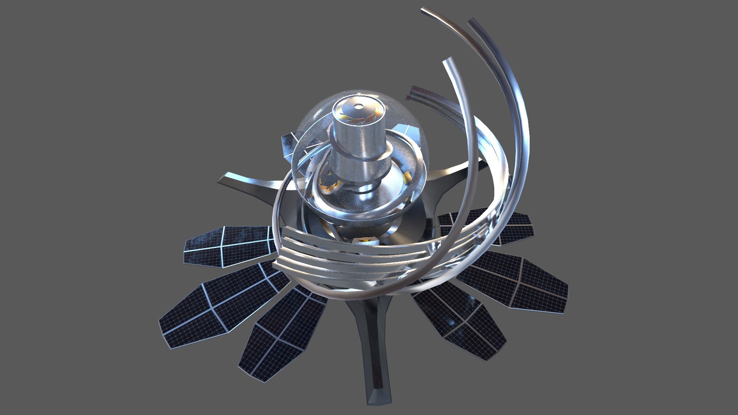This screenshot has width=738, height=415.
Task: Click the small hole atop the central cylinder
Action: (x=358, y=106)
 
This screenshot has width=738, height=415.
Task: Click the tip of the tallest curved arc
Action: (x=423, y=10)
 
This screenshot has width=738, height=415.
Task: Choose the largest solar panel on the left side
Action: (x=219, y=307)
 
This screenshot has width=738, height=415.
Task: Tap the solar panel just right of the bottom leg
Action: (x=461, y=323)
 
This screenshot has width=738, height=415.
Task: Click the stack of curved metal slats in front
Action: (x=346, y=257)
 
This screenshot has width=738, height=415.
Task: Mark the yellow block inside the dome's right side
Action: (x=407, y=177)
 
